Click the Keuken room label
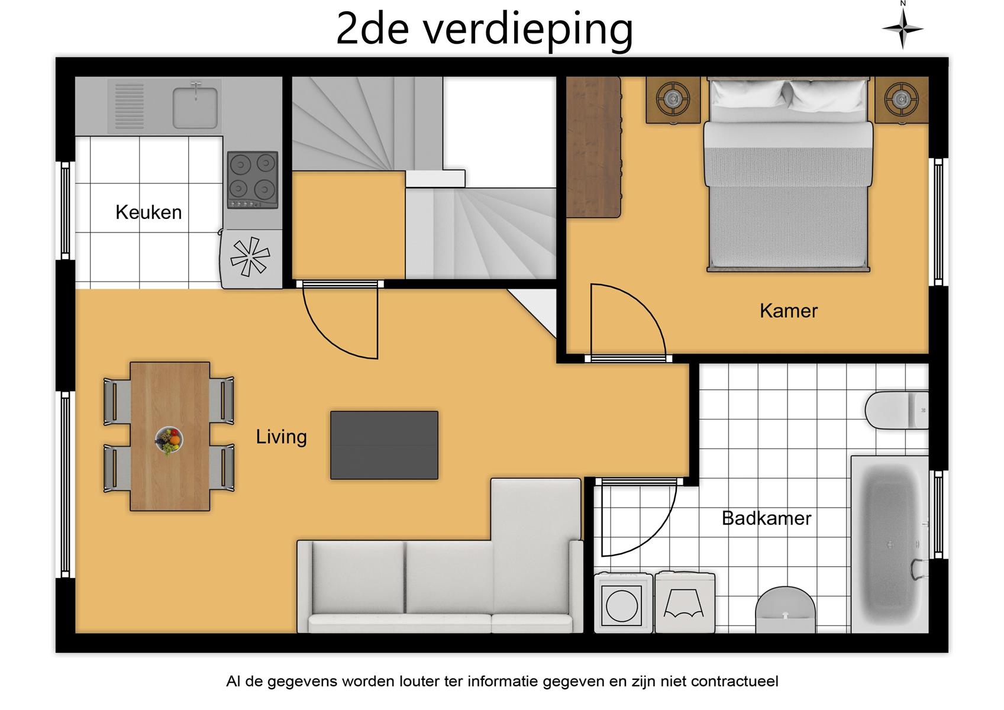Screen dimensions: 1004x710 (x=148, y=212)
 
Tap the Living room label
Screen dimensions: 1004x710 (x=281, y=437)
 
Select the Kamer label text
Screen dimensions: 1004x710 (x=789, y=311)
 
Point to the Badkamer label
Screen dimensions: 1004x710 (x=766, y=518)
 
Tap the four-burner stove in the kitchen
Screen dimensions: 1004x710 (x=253, y=180)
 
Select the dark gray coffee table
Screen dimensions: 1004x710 (x=384, y=445)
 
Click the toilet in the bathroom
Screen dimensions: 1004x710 (x=896, y=410)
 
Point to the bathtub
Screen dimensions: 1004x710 (x=890, y=544)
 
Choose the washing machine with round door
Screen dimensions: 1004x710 (x=623, y=603)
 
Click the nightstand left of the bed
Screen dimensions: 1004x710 (x=673, y=99)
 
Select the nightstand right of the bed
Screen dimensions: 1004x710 (x=902, y=99)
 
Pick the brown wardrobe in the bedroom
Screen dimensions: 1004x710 (x=593, y=147)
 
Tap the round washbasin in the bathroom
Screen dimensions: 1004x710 (x=785, y=609)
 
